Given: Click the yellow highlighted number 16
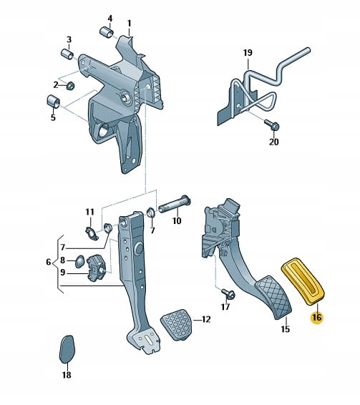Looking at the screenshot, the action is pos(317,318).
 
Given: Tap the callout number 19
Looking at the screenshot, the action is pos(248,53).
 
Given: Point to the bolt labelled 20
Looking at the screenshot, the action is pos(272,125).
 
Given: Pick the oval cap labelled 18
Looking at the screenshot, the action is pos(67,349).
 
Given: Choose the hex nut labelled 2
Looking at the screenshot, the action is pos(70,85).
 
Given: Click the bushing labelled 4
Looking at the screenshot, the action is pos(107,31).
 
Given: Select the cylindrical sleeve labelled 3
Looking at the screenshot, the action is pos(67,54).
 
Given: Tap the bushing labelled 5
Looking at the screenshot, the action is pos(53,102).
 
